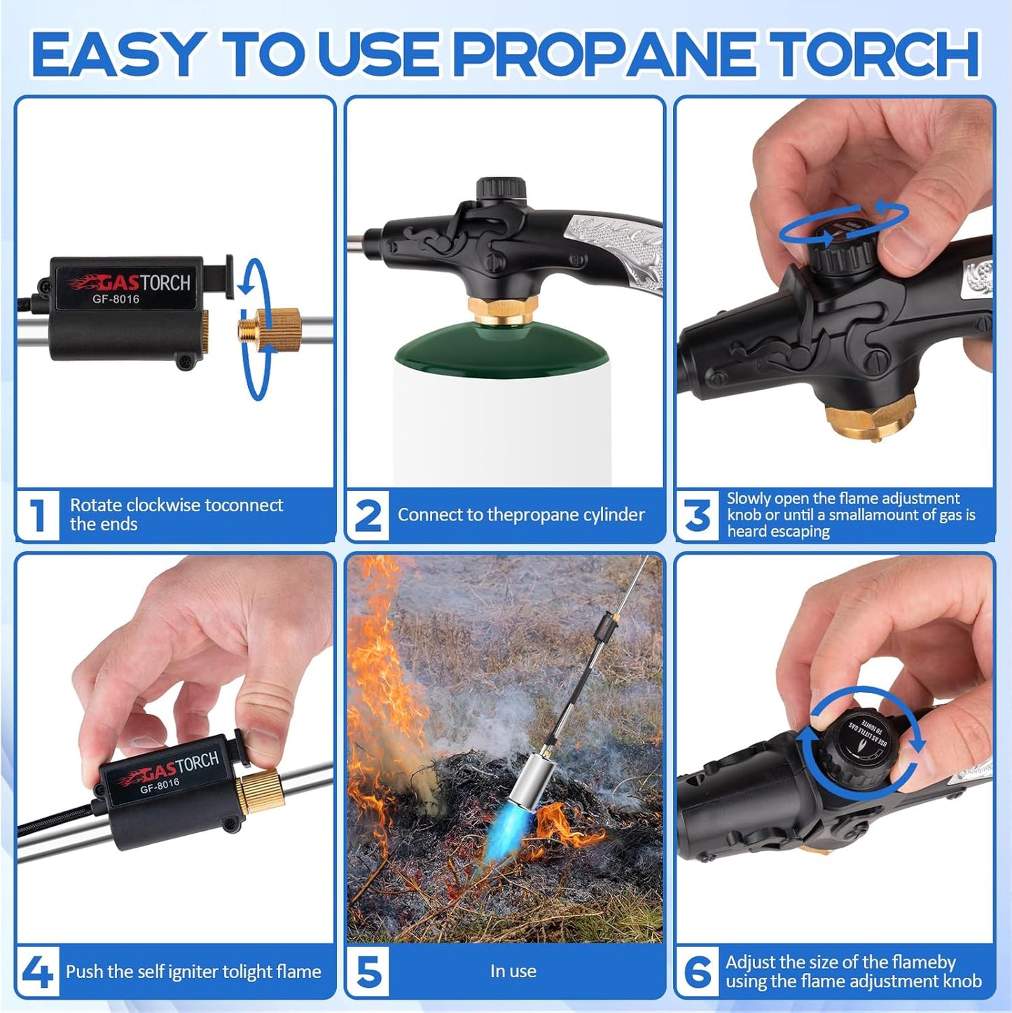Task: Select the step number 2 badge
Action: [368, 515]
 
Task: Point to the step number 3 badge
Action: [698, 515]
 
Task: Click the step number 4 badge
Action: [37, 972]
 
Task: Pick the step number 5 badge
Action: [368, 972]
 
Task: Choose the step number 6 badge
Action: [698, 972]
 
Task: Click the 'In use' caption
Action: [513, 971]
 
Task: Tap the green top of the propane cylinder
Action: [501, 347]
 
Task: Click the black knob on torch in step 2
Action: [501, 190]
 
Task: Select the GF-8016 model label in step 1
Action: [116, 299]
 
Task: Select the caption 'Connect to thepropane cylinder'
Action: [521, 515]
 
